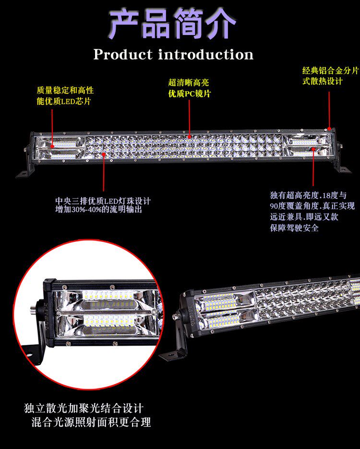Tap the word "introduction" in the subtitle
[x=206, y=55]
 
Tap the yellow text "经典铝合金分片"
[x=330, y=71]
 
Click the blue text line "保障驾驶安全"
[x=294, y=228]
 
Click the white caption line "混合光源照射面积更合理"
[x=91, y=423]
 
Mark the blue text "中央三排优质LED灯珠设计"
[x=103, y=201]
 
